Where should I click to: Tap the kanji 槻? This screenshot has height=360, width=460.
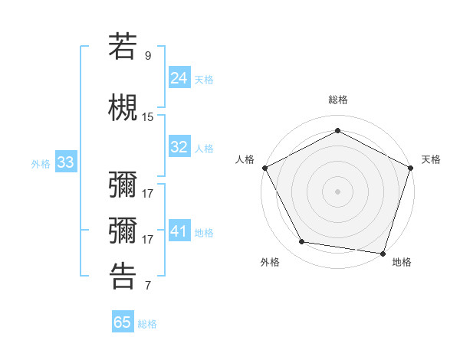point(123,108)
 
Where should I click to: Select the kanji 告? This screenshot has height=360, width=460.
point(123,277)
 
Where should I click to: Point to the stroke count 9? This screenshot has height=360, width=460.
point(148,55)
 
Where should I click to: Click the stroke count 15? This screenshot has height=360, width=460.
point(148,117)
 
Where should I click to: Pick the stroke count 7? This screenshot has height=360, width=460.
point(148,286)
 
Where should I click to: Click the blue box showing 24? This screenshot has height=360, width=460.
point(179,77)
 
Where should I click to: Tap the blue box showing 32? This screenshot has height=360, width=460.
point(179,147)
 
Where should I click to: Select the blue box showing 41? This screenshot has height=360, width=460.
point(179,231)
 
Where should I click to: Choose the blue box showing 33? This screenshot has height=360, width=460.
point(65,162)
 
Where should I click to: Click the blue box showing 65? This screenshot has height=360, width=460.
point(123,322)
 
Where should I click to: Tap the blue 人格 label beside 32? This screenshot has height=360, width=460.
point(204,149)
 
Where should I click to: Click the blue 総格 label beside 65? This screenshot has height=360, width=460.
point(147,324)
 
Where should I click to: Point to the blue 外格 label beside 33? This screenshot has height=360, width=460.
point(41,164)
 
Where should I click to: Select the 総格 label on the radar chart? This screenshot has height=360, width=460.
point(338,100)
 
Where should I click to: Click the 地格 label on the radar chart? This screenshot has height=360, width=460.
point(402,262)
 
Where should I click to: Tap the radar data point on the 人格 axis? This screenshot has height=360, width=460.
point(264,168)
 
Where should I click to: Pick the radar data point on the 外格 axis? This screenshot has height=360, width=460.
point(302,242)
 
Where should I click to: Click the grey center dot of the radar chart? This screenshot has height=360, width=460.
point(338,191)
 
